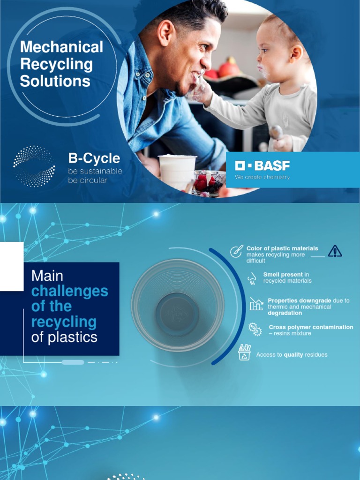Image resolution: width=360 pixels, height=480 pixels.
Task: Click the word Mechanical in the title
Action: [x=61, y=47]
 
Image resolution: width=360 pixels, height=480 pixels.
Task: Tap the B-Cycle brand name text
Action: [x=94, y=158]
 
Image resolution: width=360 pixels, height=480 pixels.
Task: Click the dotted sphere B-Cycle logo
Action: [x=34, y=166]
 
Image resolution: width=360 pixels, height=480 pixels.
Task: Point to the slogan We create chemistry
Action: [x=262, y=177]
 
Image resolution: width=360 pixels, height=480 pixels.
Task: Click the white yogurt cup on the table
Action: [x=177, y=172]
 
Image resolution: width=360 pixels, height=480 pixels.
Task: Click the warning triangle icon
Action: [x=335, y=251]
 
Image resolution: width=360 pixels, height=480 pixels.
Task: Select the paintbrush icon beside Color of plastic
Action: [x=236, y=251]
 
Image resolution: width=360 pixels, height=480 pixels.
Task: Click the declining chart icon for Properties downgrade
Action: [x=256, y=304]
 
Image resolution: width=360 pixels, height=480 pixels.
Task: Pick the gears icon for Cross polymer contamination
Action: [x=255, y=329]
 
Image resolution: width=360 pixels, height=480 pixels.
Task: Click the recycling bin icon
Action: [x=244, y=352]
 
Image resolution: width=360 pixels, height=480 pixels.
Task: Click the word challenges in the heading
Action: [x=69, y=291]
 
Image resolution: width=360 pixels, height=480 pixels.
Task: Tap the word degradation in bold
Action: [x=285, y=313]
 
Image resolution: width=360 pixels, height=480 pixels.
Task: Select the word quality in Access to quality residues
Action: [x=293, y=355]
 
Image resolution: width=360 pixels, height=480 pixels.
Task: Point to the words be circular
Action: [x=87, y=180]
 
